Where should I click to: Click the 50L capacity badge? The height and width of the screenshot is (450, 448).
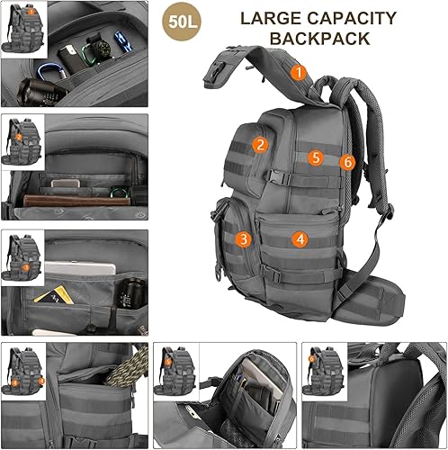[x=180, y=21]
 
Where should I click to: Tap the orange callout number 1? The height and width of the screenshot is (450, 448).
[x=299, y=69]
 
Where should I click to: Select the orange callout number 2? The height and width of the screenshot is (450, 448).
[x=259, y=143]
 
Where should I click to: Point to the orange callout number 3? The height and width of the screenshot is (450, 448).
[x=242, y=238]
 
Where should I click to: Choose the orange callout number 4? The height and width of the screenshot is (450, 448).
[x=300, y=239]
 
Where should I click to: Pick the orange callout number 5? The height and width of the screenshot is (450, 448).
[x=315, y=157]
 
